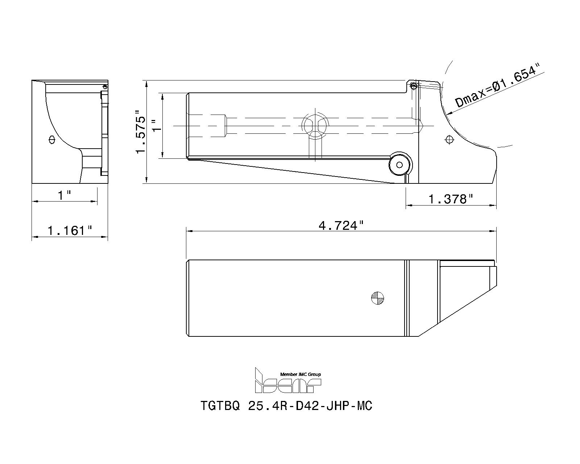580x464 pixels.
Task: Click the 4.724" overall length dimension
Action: tap(340, 226)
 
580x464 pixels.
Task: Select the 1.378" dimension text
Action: tap(451, 199)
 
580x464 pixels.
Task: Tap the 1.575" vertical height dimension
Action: tap(141, 132)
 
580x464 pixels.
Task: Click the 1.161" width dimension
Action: tap(70, 230)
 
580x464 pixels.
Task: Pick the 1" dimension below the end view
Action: tap(65, 195)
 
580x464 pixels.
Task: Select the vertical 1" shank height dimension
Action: tap(156, 125)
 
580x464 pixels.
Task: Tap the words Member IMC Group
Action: tap(301, 374)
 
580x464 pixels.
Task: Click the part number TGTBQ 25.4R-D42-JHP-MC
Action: tap(286, 406)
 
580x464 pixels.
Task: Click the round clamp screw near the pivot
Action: tap(400, 165)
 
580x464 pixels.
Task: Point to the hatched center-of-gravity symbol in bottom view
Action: tap(378, 298)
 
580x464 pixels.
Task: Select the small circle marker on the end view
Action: tap(51, 139)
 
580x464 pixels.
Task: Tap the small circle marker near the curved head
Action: tap(449, 139)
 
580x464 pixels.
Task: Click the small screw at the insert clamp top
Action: tap(413, 86)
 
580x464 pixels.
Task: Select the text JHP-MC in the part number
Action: tap(349, 406)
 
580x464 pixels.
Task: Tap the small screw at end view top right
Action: tap(105, 87)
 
